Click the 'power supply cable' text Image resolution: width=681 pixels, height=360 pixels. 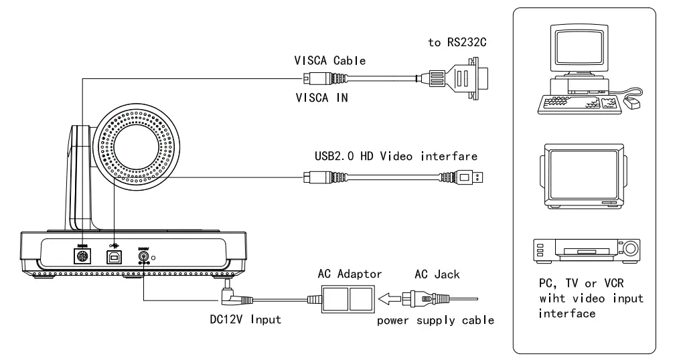(435, 321)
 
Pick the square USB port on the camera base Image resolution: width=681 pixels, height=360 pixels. (114, 256)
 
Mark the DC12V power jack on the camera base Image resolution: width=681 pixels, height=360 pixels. (143, 257)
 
